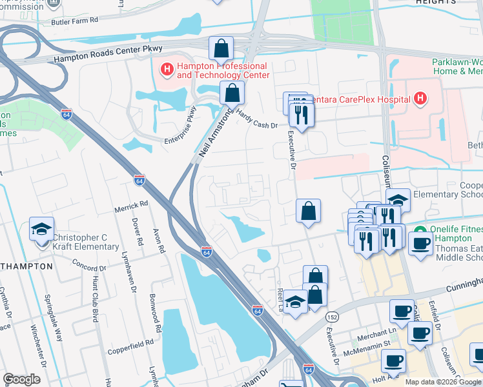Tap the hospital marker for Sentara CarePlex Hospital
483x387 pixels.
click(420, 99)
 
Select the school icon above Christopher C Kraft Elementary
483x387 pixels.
click(41, 230)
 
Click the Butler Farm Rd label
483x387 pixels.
click(76, 21)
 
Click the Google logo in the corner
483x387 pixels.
click(22, 379)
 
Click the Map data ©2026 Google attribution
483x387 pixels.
click(442, 382)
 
